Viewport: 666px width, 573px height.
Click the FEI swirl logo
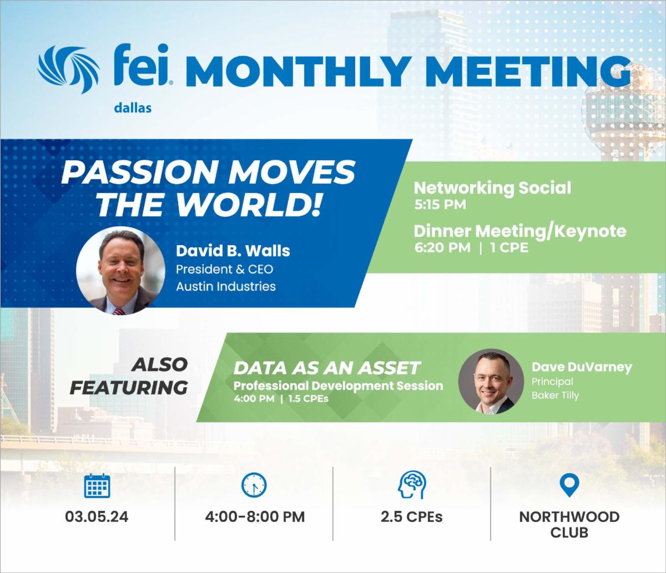click(x=68, y=69)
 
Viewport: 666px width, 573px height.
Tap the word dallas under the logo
click(x=133, y=108)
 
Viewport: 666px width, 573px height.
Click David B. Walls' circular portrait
click(x=120, y=271)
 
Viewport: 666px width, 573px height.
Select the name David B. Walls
click(x=233, y=251)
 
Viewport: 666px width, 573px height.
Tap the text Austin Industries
click(x=226, y=286)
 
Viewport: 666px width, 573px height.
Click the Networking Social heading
click(x=492, y=188)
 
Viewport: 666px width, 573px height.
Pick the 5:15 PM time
click(x=440, y=205)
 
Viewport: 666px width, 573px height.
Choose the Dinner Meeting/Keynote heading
click(x=520, y=231)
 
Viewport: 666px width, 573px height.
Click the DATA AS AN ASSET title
click(x=327, y=368)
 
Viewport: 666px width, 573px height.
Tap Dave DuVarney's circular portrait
click(x=491, y=382)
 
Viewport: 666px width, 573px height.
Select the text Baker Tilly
click(x=555, y=395)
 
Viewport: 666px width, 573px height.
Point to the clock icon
click(x=254, y=485)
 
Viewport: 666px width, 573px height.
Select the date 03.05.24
click(x=97, y=517)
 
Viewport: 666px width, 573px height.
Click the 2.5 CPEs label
click(x=412, y=517)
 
